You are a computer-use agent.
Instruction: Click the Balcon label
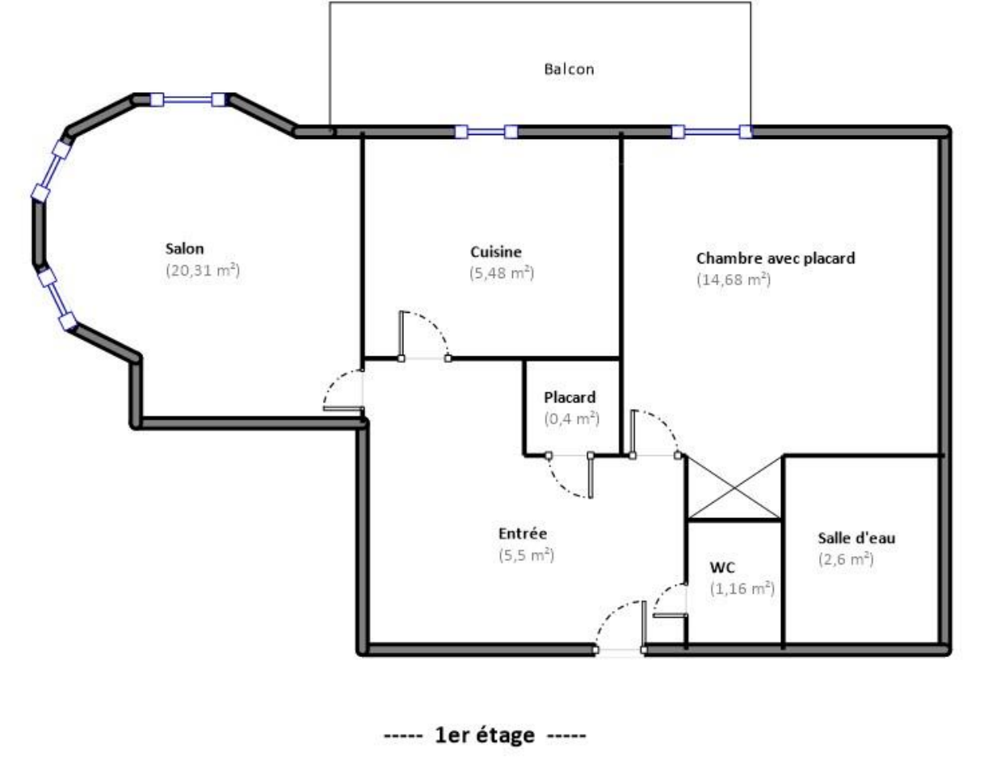[x=569, y=70]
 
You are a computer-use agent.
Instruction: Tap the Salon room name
[x=185, y=248]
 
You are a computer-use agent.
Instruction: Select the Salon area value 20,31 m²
[x=203, y=271]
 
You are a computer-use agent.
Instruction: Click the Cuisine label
[x=495, y=251]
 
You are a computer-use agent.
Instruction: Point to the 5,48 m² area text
[x=501, y=273]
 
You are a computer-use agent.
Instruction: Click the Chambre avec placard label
[x=775, y=259]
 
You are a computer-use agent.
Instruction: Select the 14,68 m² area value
[x=733, y=280]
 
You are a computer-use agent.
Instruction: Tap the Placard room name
[x=570, y=398]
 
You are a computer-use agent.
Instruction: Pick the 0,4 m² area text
[x=571, y=419]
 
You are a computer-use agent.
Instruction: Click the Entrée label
[x=523, y=533]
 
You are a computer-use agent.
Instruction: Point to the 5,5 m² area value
[x=526, y=555]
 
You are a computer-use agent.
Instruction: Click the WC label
[x=721, y=567]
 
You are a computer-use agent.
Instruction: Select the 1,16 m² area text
[x=742, y=589]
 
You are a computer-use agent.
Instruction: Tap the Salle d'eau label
[x=856, y=538]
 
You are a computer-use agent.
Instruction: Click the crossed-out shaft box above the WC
[x=734, y=488]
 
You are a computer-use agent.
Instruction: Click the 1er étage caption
[x=486, y=736]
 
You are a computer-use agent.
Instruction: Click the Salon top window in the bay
[x=187, y=99]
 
